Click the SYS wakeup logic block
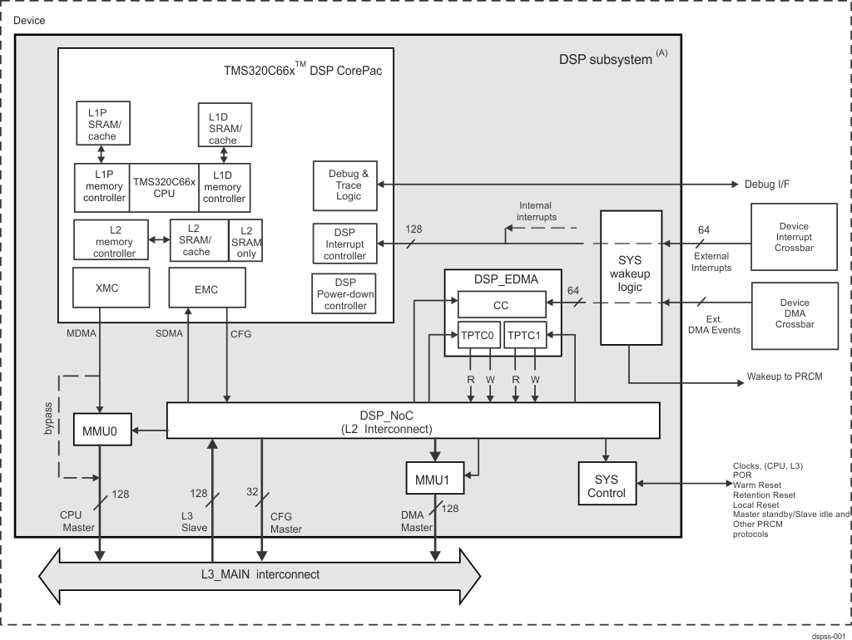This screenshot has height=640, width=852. (630, 277)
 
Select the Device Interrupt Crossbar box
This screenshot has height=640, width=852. (793, 238)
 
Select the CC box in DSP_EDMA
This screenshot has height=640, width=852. (501, 305)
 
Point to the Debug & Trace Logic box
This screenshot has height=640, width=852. (344, 185)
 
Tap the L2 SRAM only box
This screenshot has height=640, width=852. (246, 241)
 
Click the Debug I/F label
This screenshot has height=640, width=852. (766, 184)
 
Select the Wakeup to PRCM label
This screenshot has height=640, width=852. (785, 377)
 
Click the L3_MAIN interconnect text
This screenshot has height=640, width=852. (260, 574)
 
